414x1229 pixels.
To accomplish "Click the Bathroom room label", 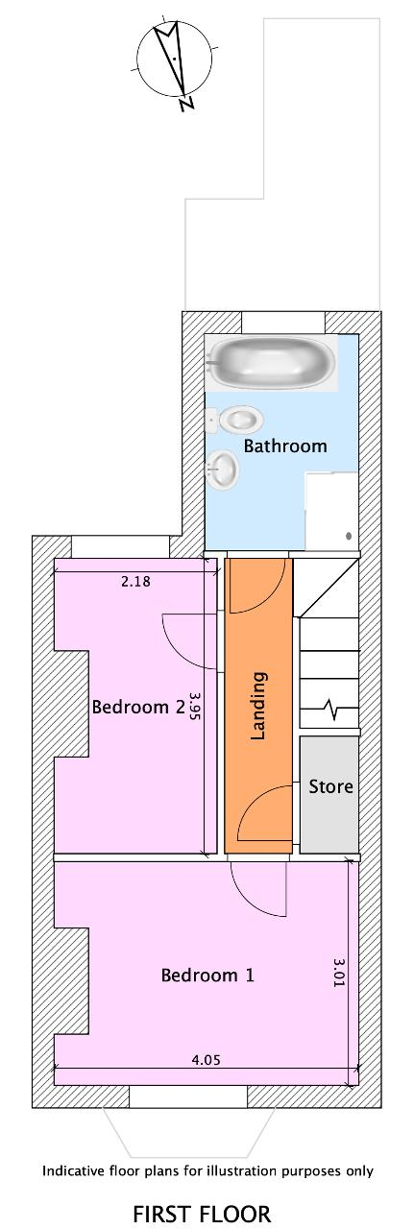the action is [285, 446].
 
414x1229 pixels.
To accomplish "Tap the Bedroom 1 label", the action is [207, 975].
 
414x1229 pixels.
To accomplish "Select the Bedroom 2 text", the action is [137, 707].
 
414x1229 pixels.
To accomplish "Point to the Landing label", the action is [258, 706].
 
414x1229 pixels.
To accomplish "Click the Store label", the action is [330, 786].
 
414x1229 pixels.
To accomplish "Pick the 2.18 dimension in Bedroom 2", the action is [135, 581].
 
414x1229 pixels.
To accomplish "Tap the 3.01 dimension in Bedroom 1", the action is [338, 973].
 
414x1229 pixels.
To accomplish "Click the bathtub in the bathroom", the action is [271, 363].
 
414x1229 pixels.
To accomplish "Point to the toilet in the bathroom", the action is [234, 421].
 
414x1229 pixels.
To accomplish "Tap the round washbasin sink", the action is [223, 469].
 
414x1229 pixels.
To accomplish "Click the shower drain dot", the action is [349, 536].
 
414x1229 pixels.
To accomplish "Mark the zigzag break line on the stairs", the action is [331, 710].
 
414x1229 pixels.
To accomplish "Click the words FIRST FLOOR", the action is [202, 1213].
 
